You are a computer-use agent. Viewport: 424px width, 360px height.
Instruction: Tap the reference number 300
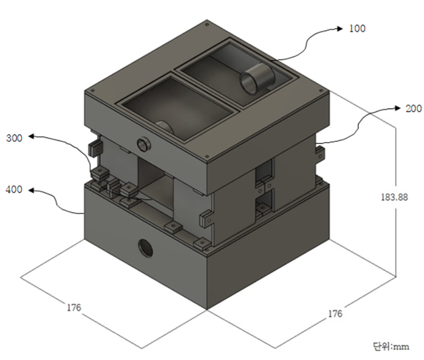[15, 138]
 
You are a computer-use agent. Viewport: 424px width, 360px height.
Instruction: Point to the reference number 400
[15, 190]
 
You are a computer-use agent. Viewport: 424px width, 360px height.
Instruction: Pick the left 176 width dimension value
[73, 307]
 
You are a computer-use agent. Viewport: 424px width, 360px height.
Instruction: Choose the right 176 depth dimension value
[336, 314]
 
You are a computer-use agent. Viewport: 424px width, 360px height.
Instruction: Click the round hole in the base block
[144, 248]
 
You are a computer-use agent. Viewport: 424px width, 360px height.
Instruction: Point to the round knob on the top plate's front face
[142, 144]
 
